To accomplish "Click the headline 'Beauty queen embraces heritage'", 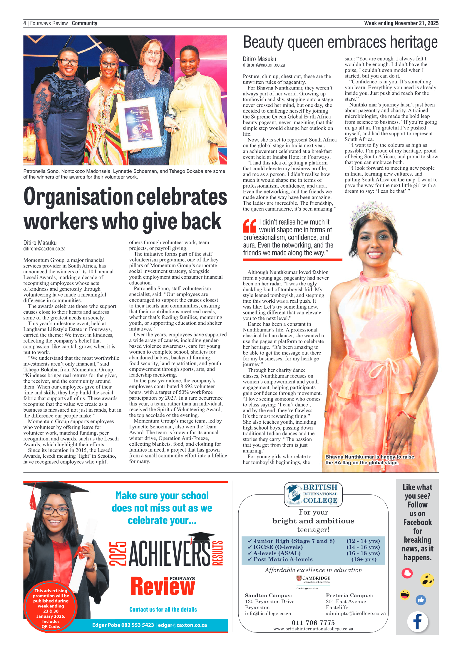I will point(340,42).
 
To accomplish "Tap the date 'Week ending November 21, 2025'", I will point(401,23).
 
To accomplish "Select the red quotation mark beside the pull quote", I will point(250,226).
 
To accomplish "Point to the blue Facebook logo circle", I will point(417,621).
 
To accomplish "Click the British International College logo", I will point(313,495).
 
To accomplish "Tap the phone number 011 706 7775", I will point(313,622).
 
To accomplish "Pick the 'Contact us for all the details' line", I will point(163,610).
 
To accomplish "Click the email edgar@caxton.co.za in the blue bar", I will point(182,625).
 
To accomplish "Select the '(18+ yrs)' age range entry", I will point(364,559).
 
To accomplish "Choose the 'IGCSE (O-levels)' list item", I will point(278,547).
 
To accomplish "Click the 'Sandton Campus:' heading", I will point(268,595).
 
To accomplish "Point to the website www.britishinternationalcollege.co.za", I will point(313,629).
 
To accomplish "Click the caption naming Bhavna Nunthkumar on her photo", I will point(369,460).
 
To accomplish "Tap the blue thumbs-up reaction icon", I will point(421,600).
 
